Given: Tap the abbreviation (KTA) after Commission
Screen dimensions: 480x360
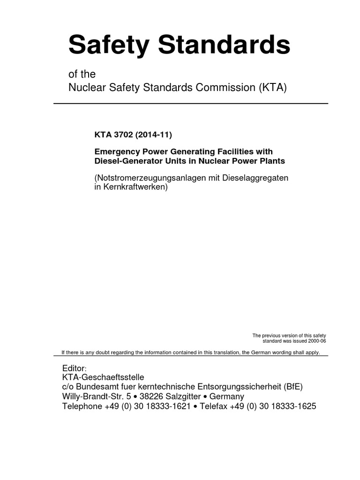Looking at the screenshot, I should point(272,87).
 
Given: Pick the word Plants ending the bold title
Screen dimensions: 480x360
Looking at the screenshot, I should point(272,161).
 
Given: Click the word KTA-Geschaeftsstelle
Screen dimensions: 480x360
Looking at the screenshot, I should point(103,377).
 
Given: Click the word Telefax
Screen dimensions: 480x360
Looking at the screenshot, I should point(214,406).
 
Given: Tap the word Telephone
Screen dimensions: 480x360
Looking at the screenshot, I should point(82,406).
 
